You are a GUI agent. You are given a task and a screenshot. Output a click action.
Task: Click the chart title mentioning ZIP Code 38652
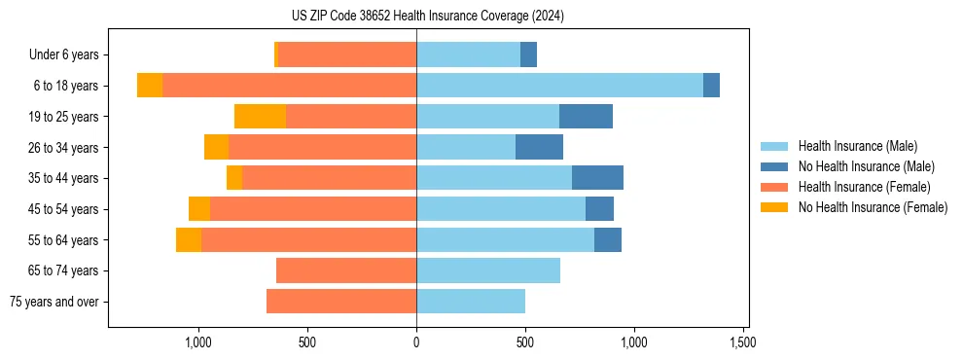click(x=427, y=16)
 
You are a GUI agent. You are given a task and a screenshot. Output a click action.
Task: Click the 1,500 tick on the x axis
click(x=743, y=342)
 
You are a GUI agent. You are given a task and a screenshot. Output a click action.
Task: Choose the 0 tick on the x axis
click(x=416, y=342)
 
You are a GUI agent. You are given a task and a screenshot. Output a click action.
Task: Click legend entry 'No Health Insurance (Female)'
click(x=873, y=207)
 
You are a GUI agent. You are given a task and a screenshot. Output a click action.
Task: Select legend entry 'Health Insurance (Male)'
click(x=857, y=146)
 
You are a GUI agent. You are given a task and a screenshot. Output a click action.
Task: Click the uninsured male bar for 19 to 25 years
click(x=586, y=117)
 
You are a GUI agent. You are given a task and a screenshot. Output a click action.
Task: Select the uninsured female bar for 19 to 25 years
click(x=260, y=117)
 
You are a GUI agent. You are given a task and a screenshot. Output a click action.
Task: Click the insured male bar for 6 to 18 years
click(x=559, y=86)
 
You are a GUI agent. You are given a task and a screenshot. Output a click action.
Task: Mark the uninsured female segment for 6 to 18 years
click(x=150, y=86)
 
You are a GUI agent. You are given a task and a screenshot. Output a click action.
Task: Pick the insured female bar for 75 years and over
click(x=341, y=302)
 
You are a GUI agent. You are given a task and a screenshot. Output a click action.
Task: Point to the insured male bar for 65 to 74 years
click(x=488, y=270)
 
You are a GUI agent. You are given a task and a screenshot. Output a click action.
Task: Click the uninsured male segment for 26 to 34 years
click(x=539, y=147)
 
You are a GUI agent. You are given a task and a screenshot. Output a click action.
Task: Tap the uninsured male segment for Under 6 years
click(x=528, y=55)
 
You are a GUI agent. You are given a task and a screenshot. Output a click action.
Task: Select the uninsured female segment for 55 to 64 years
click(x=189, y=239)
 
